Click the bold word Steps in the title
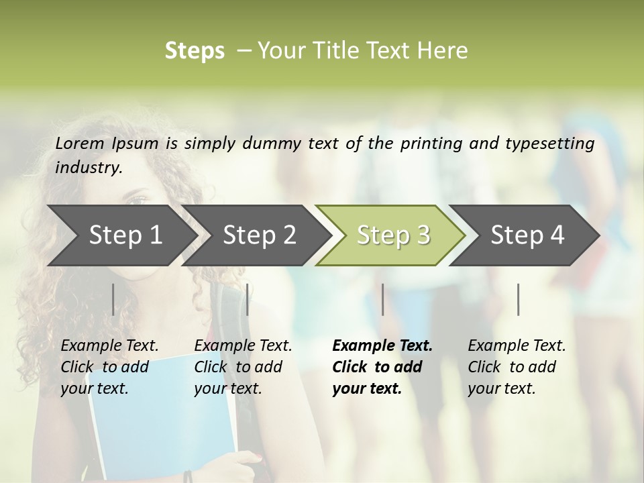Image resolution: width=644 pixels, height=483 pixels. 195,51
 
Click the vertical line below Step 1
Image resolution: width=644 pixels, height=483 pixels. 113,299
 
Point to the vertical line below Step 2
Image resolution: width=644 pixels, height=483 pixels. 248,299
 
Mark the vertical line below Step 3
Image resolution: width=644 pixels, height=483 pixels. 382,299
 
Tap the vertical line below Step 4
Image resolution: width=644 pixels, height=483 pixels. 518,299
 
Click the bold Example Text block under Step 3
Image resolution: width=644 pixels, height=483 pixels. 382,367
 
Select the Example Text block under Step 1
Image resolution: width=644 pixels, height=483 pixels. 109,367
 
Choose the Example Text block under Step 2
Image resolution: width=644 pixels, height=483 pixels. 243,367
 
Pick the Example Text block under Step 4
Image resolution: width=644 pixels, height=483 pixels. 517,367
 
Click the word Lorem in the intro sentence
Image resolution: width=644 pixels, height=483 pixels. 80,143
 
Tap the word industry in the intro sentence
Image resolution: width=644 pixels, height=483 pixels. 88,168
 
